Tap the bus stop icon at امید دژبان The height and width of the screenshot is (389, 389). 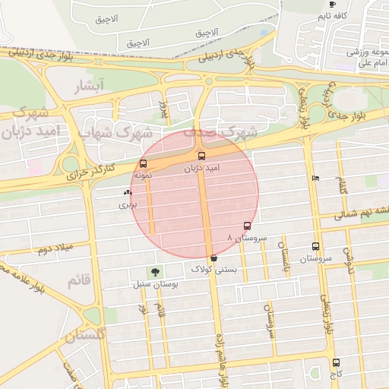[x=201, y=156]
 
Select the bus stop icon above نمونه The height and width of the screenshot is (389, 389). [x=144, y=163]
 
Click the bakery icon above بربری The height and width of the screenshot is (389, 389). [x=127, y=193]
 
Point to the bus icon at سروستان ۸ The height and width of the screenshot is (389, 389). [x=247, y=226]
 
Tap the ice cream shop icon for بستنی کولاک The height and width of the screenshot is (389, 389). [x=213, y=258]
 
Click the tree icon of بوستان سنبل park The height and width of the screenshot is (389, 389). [x=156, y=272]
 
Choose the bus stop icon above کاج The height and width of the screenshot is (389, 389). [x=336, y=362]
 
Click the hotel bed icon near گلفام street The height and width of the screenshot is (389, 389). [x=315, y=179]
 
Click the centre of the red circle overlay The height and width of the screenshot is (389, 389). [x=194, y=194]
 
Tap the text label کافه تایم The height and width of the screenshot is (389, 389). [x=333, y=15]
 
